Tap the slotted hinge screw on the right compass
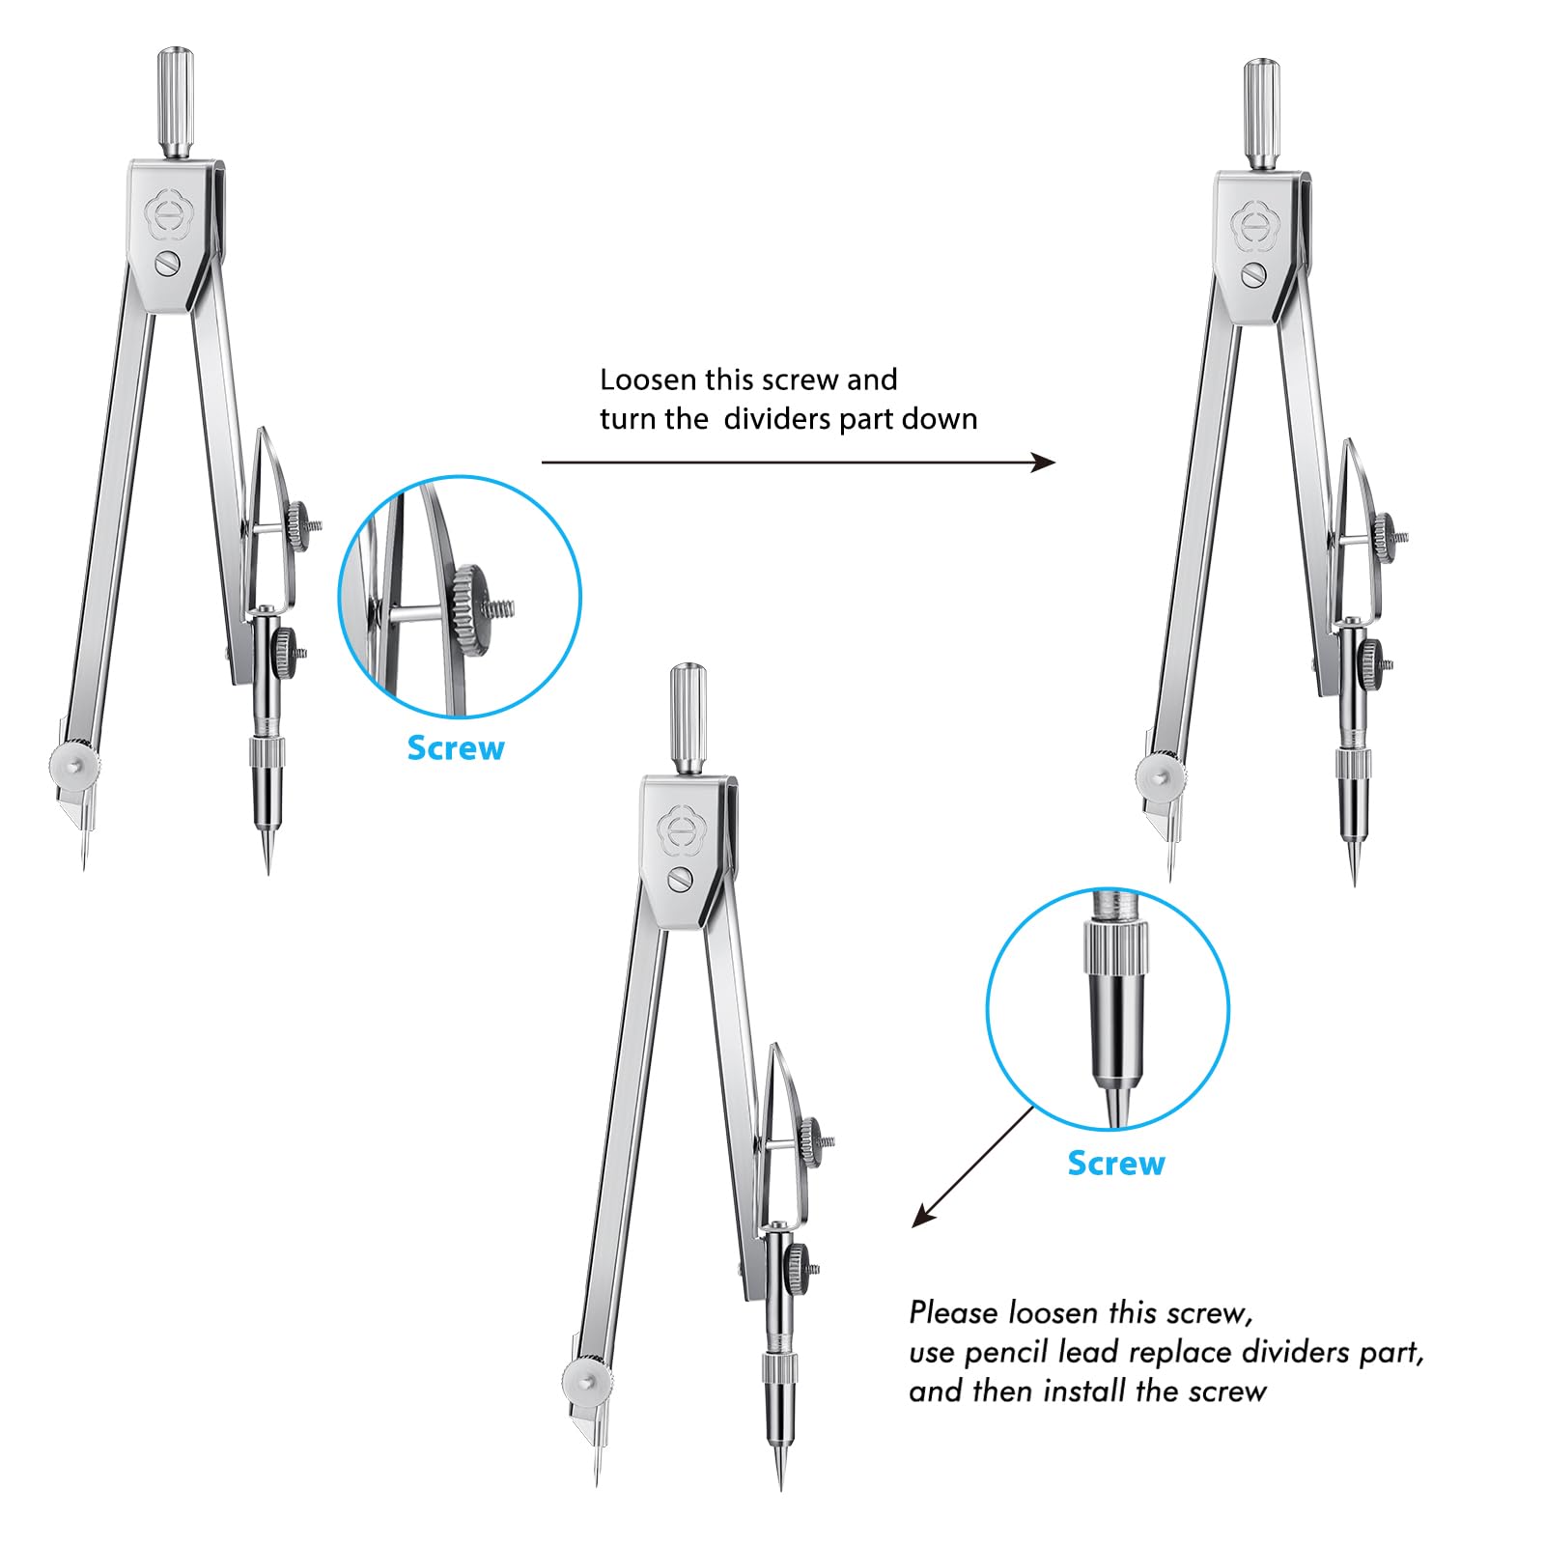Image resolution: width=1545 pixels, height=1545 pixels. [x=1253, y=274]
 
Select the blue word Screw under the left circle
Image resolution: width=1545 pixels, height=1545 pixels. [x=456, y=748]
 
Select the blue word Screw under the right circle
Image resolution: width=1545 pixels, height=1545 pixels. [x=1116, y=1164]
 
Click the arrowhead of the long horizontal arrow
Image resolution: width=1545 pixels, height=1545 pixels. [x=1045, y=463]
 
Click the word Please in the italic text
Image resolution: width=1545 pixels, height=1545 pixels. [x=954, y=1313]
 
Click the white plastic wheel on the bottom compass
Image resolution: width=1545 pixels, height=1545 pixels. [x=586, y=1379]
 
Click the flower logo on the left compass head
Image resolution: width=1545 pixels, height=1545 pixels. [x=168, y=218]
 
